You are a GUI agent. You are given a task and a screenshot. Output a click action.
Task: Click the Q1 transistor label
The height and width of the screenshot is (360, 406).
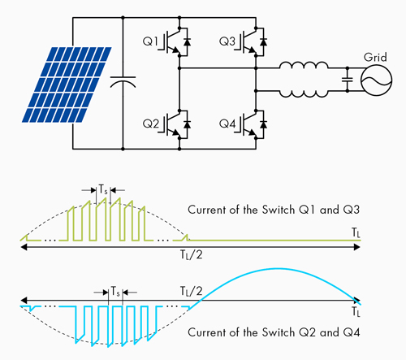click(x=150, y=41)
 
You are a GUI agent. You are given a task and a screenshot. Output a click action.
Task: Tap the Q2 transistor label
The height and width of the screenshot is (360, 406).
click(x=151, y=124)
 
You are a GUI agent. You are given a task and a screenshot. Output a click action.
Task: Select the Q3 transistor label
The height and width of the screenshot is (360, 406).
click(x=227, y=41)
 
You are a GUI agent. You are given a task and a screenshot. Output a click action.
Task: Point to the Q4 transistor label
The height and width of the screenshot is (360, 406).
click(x=227, y=124)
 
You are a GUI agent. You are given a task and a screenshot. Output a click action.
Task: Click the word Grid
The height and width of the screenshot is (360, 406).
click(x=375, y=57)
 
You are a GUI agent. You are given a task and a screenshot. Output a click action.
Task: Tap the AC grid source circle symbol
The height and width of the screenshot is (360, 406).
click(x=376, y=80)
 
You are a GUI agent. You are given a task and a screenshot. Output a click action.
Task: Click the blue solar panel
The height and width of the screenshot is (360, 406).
click(x=67, y=85)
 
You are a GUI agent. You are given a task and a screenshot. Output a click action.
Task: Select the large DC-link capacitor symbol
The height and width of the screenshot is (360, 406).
click(x=123, y=82)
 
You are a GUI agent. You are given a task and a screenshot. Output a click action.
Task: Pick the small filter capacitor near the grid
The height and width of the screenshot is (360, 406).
click(x=348, y=80)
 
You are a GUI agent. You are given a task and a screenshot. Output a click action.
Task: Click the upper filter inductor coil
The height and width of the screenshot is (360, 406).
click(x=304, y=65)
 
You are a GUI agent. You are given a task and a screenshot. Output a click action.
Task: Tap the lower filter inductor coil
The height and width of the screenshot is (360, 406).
click(x=304, y=93)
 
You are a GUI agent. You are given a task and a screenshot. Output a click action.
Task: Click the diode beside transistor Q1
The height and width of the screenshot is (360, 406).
click(x=187, y=42)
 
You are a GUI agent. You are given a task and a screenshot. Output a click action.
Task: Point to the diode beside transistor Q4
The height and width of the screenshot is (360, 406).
click(x=263, y=124)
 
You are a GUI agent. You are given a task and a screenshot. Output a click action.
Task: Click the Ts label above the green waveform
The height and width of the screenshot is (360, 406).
click(x=103, y=189)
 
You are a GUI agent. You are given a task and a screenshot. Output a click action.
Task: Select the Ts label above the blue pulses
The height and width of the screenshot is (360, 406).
click(x=115, y=292)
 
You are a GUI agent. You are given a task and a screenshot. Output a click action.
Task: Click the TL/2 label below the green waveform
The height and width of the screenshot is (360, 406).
click(x=192, y=255)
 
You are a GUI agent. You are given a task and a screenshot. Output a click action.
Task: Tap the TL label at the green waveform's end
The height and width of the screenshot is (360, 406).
click(x=356, y=232)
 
